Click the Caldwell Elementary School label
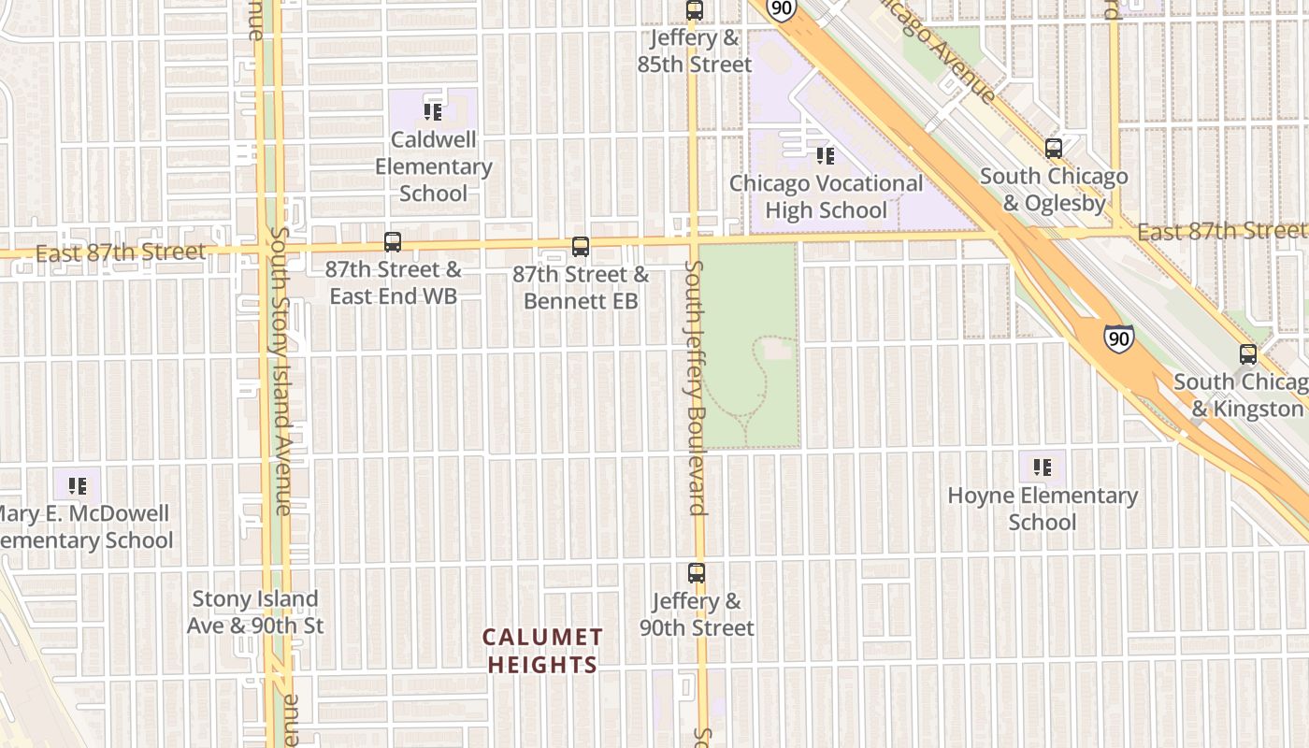point(433,166)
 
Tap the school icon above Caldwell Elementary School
point(432,112)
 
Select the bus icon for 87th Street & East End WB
point(393,242)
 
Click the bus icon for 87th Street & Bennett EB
point(581,247)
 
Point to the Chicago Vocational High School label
point(826,196)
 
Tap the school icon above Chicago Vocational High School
point(825,155)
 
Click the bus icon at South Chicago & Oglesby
point(1054,149)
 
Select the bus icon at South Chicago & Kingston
point(1248,354)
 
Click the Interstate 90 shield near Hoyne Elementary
point(1118,338)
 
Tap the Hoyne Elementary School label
point(1043,509)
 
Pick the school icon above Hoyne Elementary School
point(1043,467)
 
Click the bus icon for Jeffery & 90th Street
point(697,573)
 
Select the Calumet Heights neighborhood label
point(542,651)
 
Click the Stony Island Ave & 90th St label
point(255,611)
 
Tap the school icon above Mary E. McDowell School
point(77,485)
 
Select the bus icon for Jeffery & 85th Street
point(694,11)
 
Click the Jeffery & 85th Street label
point(696,51)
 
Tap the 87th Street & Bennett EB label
point(581,287)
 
